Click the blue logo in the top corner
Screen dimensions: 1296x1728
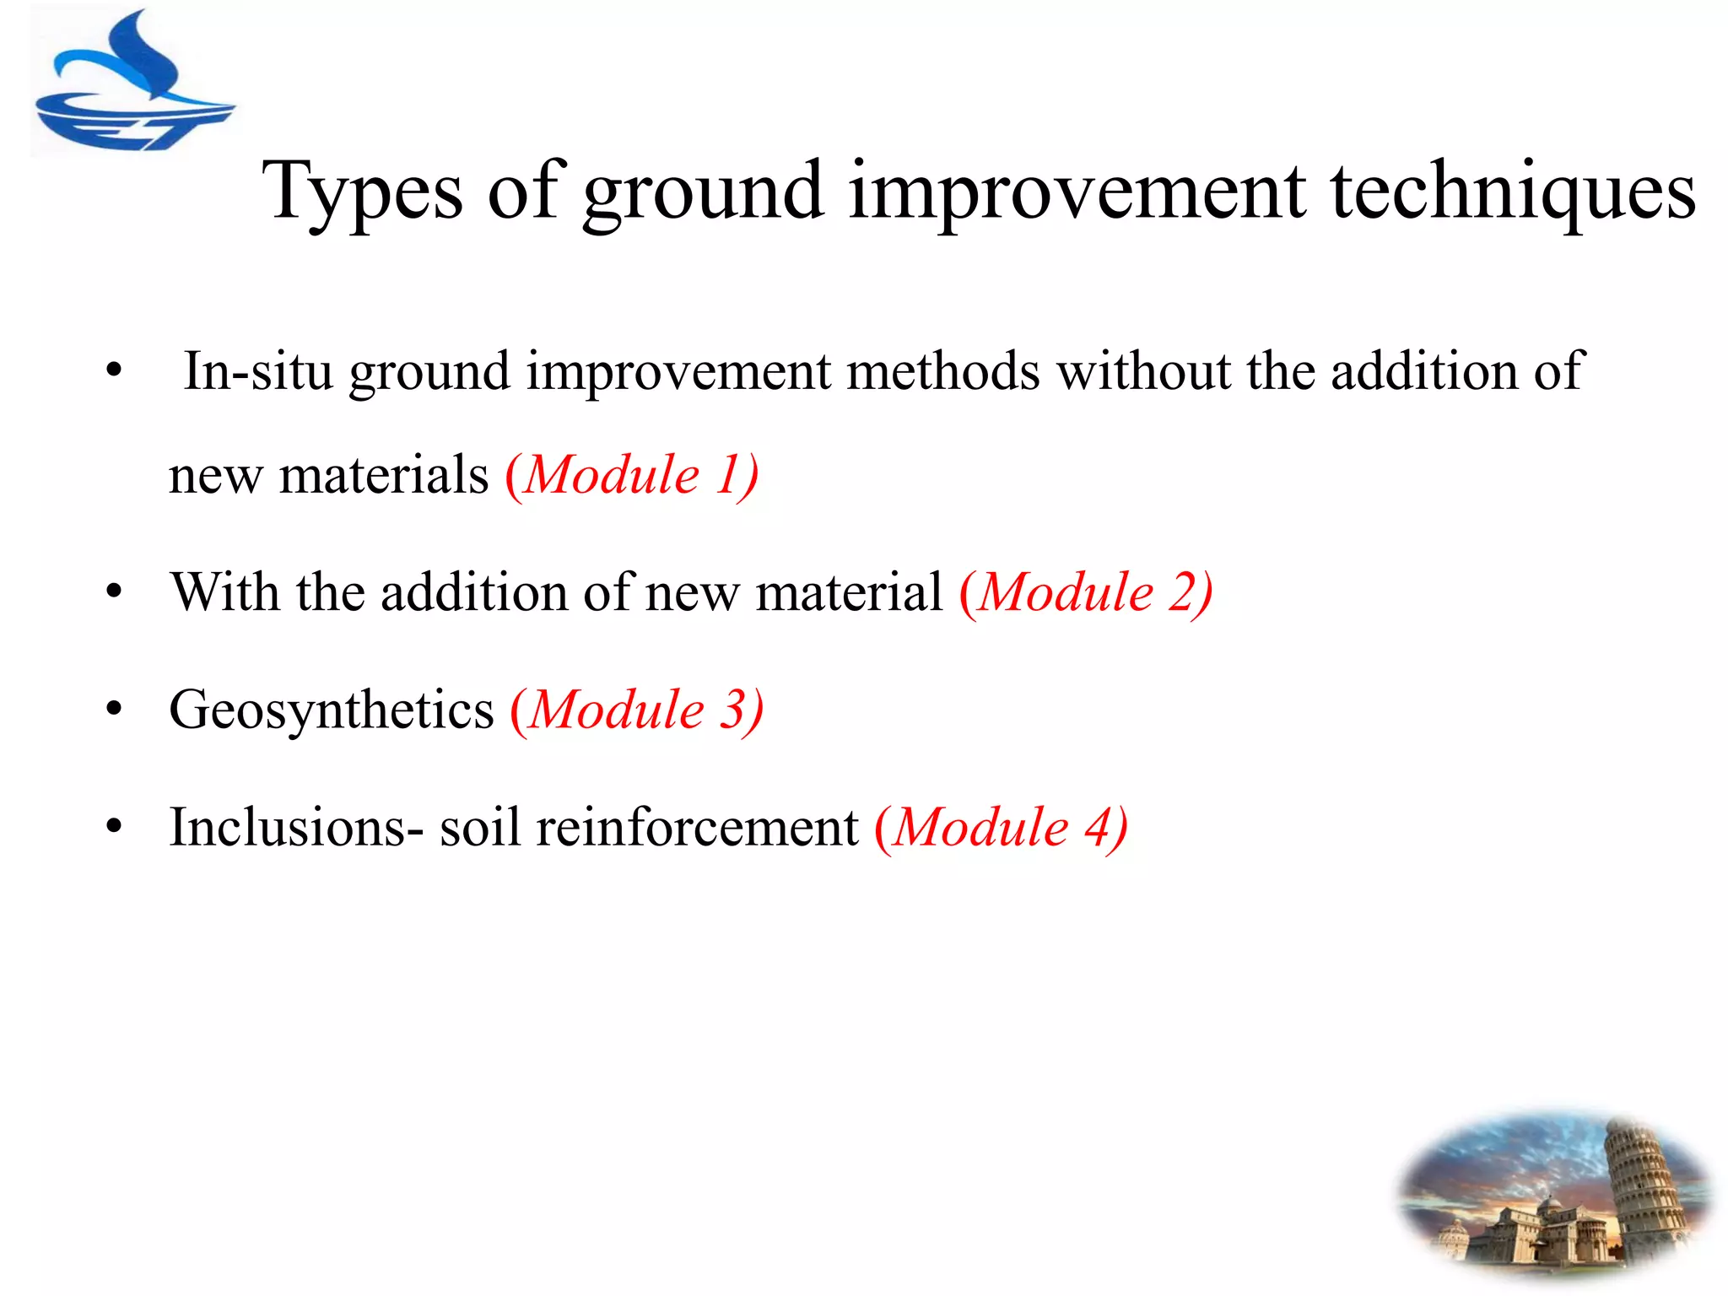(133, 84)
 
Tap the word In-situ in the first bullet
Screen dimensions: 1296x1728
(258, 371)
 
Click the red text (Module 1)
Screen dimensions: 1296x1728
(632, 475)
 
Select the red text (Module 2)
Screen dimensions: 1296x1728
(1086, 592)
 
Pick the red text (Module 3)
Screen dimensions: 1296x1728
(637, 710)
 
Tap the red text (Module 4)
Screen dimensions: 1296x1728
(1001, 827)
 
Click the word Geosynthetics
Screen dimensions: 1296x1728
(331, 710)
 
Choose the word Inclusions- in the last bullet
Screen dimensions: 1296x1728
(296, 827)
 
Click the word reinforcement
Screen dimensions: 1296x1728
(697, 827)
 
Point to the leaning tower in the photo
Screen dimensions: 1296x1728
(1641, 1181)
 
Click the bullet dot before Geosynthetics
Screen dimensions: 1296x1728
(115, 710)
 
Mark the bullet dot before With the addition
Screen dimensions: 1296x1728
(115, 592)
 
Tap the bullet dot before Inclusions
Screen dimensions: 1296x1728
(115, 827)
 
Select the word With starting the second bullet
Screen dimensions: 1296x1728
(224, 592)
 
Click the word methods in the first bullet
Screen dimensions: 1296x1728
(942, 371)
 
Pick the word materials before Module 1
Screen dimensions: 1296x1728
(384, 475)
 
